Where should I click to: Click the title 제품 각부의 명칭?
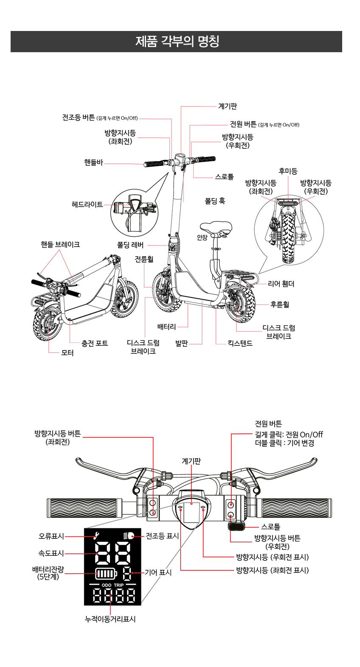coord(177,42)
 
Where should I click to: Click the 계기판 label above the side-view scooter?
coord(227,106)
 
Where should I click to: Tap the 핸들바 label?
coord(93,163)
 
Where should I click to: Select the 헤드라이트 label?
coord(87,205)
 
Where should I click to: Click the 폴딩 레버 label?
coord(130,245)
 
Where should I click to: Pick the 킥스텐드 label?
coord(240,343)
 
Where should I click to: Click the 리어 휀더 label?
coord(281,283)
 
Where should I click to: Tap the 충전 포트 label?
coord(95,343)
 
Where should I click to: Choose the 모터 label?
coord(67,353)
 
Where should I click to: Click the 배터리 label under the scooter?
coord(166,327)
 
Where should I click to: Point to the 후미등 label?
coord(288,171)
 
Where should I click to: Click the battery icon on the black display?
coord(106,574)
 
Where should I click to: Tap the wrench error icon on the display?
coord(97,536)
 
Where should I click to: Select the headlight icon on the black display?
coord(128,536)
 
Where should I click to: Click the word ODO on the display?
coord(107,585)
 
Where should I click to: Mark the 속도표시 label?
coord(51,553)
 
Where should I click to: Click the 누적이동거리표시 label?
coord(110,619)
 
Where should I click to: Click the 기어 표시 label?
coord(158,572)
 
